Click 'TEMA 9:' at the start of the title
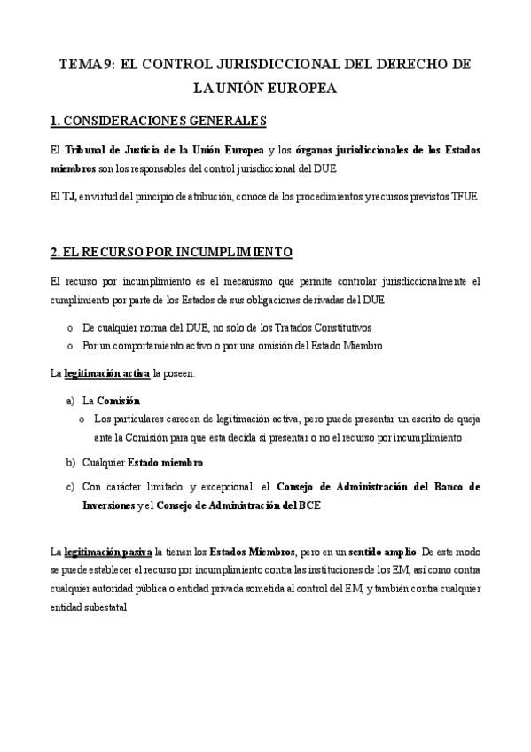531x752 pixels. (86, 66)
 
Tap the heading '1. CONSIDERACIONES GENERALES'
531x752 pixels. (159, 121)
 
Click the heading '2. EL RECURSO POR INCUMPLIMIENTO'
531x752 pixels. (171, 253)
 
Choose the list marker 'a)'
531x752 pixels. (71, 401)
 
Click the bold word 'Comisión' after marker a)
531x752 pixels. (118, 401)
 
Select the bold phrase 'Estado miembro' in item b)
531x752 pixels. (166, 462)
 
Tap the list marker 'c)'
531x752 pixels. (71, 487)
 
